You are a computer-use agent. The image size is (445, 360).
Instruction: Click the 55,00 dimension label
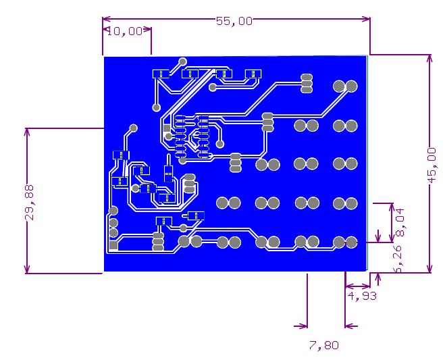pyautogui.click(x=234, y=21)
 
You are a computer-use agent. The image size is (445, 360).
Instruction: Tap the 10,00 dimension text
pyautogui.click(x=125, y=31)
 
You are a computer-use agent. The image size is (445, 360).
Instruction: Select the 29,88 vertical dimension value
pyautogui.click(x=30, y=203)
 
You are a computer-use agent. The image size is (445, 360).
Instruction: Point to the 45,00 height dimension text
pyautogui.click(x=432, y=165)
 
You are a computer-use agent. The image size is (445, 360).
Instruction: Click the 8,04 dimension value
pyautogui.click(x=400, y=223)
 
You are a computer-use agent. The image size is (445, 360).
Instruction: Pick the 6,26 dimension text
pyautogui.click(x=398, y=259)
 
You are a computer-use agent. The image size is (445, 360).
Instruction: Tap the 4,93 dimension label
pyautogui.click(x=362, y=296)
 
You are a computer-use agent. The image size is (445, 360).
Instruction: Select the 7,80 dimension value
pyautogui.click(x=324, y=346)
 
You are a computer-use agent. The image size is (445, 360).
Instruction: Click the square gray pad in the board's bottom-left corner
pyautogui.click(x=113, y=245)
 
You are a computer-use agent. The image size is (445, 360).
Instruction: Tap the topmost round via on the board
pyautogui.click(x=183, y=61)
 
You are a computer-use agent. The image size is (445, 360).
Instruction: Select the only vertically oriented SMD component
pyautogui.click(x=169, y=173)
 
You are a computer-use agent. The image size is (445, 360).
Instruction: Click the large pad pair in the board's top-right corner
pyautogui.click(x=345, y=86)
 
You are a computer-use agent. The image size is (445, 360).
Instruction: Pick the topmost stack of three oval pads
pyautogui.click(x=307, y=84)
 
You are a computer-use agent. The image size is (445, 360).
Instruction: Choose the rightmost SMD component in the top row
pyautogui.click(x=253, y=74)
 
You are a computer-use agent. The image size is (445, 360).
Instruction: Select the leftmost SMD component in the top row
pyautogui.click(x=161, y=74)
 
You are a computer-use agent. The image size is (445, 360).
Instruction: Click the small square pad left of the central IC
pyautogui.click(x=167, y=128)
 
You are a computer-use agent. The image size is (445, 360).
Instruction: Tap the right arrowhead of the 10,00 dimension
pyautogui.click(x=147, y=29)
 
